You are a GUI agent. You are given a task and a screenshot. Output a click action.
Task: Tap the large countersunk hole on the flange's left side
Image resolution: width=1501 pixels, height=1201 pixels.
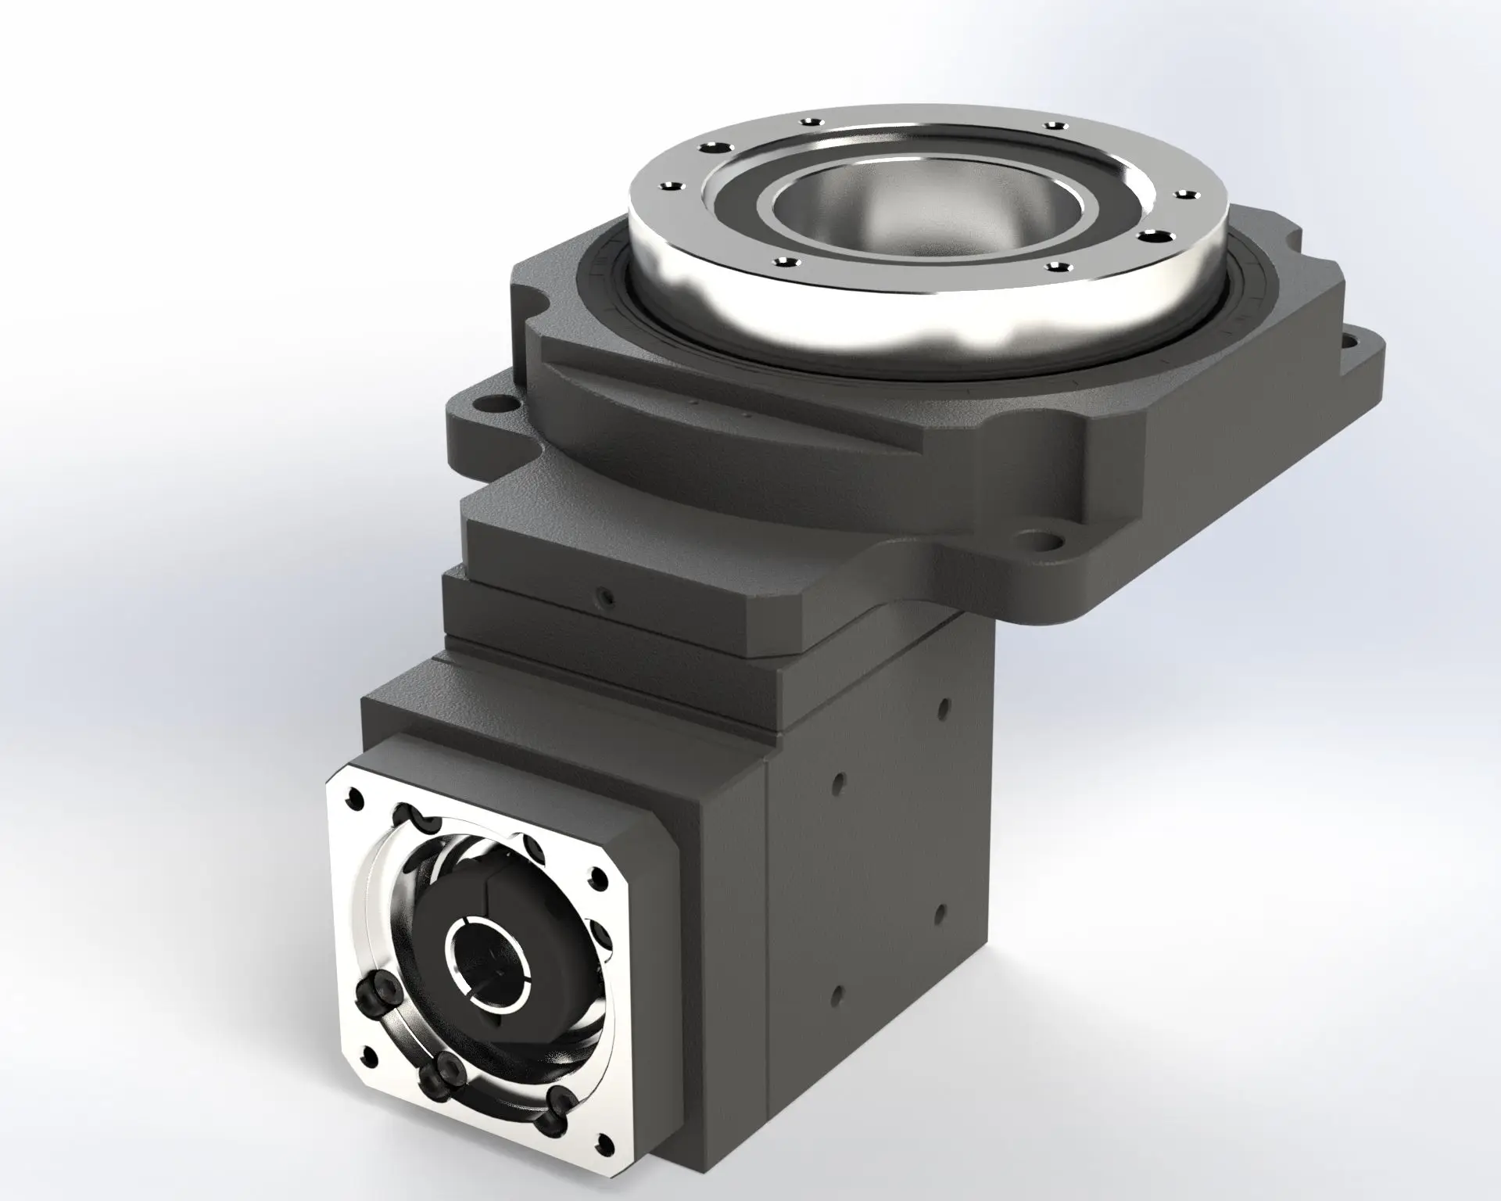[x=713, y=148]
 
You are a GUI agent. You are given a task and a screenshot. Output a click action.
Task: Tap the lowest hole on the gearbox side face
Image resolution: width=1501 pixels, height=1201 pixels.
[x=836, y=994]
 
